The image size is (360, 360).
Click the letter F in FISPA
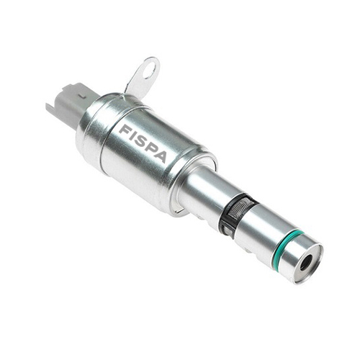[125, 130]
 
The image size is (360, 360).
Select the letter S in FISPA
[142, 142]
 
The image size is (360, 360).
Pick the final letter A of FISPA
[161, 156]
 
